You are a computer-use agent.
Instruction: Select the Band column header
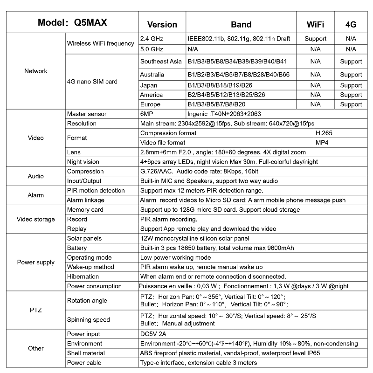tap(241, 24)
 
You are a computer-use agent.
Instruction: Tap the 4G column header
tap(351, 24)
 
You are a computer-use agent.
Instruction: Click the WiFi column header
tap(315, 24)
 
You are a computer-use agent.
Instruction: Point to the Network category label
tap(36, 71)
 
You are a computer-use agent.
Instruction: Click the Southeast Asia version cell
tap(161, 62)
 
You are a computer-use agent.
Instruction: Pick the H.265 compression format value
tap(324, 133)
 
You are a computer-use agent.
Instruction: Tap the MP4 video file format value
tap(322, 142)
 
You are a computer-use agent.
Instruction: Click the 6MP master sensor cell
tap(146, 114)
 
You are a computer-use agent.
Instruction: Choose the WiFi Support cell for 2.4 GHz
tap(315, 39)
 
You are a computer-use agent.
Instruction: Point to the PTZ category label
tap(36, 310)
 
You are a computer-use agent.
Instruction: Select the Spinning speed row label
tap(89, 320)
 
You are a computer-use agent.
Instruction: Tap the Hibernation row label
tap(83, 276)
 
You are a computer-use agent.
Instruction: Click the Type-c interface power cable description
tap(198, 362)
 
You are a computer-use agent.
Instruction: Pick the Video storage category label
tap(36, 219)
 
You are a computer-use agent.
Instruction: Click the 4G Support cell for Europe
tap(351, 104)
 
